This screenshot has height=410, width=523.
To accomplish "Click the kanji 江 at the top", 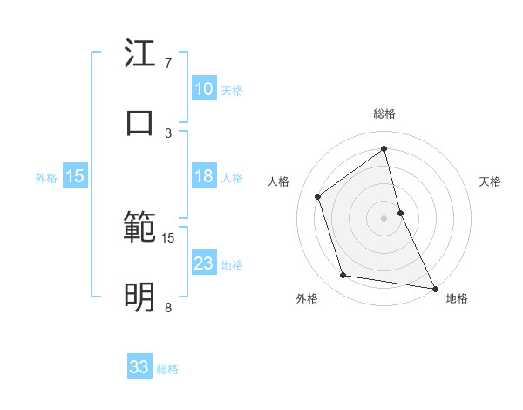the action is [x=139, y=55].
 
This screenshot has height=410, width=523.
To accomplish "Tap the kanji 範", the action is [x=139, y=229].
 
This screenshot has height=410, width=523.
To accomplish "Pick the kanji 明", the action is [x=139, y=297].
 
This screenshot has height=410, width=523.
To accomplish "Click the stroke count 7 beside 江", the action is [x=168, y=64].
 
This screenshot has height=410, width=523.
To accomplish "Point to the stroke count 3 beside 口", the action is [x=168, y=133].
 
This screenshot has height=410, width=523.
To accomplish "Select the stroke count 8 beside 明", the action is [x=168, y=307].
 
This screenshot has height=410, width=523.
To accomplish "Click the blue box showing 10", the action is [x=204, y=88].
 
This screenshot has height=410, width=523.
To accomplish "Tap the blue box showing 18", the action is [x=204, y=176].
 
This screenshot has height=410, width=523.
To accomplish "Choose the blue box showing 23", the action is [x=204, y=263].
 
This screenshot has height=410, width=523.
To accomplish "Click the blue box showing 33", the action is [x=139, y=367].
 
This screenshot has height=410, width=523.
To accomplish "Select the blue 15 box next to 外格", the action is [x=75, y=176].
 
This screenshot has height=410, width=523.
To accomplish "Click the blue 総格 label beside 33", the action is [x=168, y=369].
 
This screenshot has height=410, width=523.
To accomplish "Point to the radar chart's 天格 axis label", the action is [x=490, y=181].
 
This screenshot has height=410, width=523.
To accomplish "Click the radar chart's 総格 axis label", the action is [x=384, y=113].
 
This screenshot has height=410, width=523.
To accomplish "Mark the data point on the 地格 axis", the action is [x=435, y=287].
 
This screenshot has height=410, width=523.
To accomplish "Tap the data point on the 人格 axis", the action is [x=318, y=196].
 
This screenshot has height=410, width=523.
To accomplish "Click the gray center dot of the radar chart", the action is [x=384, y=217].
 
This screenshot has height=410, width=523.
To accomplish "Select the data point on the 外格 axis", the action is [x=343, y=276].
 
